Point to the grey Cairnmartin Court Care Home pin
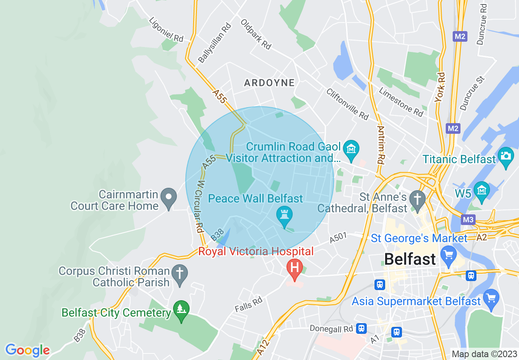point(168,198)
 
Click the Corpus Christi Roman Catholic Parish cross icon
point(179,274)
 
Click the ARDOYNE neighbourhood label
point(269,83)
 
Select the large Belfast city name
point(410,259)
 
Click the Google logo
point(27,350)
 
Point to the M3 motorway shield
point(468,220)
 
